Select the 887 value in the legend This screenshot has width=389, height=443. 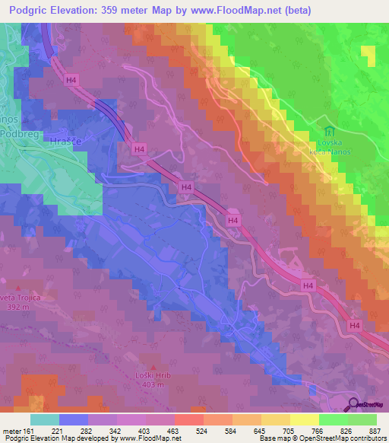click(x=375, y=430)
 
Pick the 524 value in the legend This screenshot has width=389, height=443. click(x=201, y=430)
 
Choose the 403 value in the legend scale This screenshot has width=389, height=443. click(x=144, y=430)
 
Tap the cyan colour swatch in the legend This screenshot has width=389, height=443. click(x=44, y=419)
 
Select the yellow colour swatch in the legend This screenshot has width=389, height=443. click(x=304, y=419)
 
